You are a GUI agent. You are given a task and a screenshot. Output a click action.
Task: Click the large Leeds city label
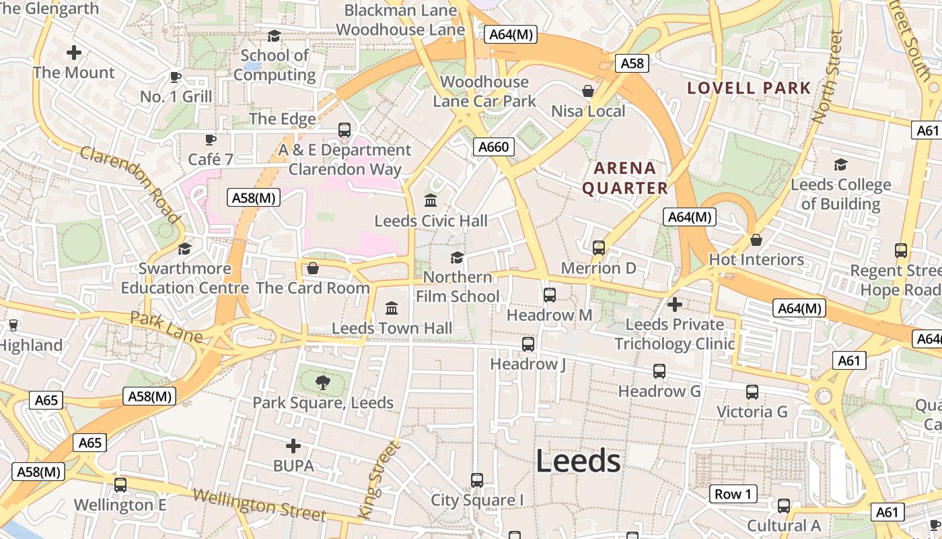(x=578, y=462)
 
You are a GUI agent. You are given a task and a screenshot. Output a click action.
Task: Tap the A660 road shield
(x=493, y=147)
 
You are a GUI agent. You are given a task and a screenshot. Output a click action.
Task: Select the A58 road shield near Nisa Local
(x=632, y=64)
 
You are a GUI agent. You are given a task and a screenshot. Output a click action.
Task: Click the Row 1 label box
(x=733, y=494)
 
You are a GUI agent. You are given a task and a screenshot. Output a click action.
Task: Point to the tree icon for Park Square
(x=323, y=383)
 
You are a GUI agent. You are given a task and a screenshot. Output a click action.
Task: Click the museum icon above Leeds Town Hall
(x=392, y=309)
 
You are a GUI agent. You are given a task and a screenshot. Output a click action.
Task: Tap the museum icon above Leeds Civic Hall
(x=431, y=201)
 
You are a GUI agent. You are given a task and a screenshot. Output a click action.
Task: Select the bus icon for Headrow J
(x=528, y=344)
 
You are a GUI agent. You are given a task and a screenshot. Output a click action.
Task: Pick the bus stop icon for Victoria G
(x=752, y=391)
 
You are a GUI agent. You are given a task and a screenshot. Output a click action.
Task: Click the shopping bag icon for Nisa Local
(x=588, y=91)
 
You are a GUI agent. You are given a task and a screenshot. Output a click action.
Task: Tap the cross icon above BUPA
(x=293, y=446)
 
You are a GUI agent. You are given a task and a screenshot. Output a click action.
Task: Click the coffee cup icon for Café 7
(x=211, y=139)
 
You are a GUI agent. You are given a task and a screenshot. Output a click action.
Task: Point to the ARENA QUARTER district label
(x=625, y=178)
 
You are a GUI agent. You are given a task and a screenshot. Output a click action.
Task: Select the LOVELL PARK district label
(x=749, y=88)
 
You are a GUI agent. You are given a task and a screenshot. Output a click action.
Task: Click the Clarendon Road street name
(x=130, y=184)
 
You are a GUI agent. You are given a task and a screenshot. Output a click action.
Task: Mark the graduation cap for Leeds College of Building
(x=840, y=164)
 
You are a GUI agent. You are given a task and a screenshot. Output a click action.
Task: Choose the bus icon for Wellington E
(x=120, y=484)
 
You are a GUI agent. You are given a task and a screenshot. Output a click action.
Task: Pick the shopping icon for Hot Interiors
(x=756, y=240)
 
